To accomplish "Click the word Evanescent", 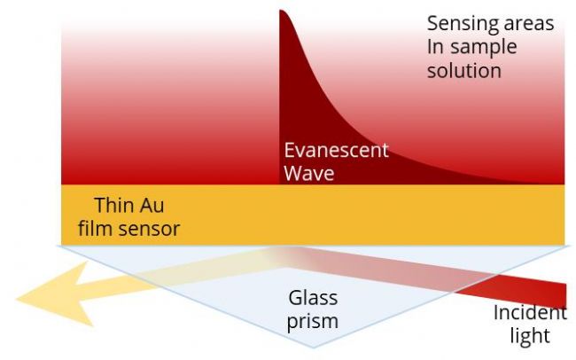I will click(336, 150).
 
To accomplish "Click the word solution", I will click(464, 71).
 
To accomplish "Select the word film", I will click(95, 229).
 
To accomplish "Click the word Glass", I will click(313, 297).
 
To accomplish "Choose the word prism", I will click(313, 320).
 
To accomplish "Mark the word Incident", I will click(530, 313).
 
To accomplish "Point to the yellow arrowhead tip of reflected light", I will click(19, 299).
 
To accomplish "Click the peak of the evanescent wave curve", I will click(282, 12).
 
